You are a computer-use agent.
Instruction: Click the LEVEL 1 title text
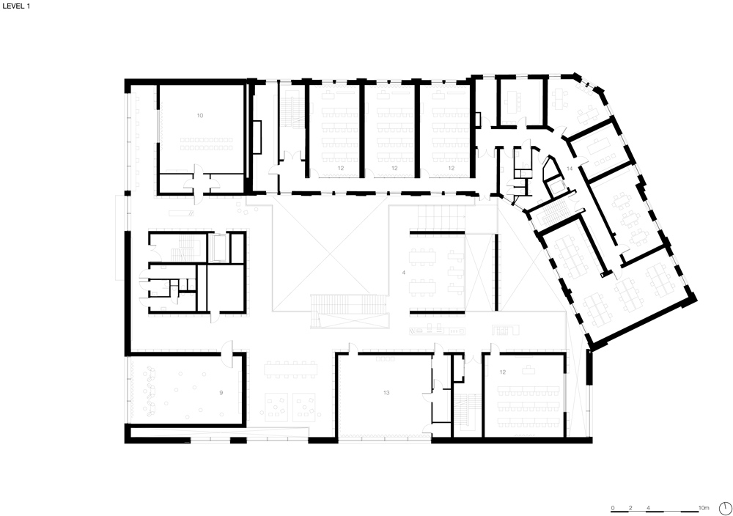pyautogui.click(x=16, y=7)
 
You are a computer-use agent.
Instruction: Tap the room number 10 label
pyautogui.click(x=200, y=116)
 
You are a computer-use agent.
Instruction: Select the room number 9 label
pyautogui.click(x=221, y=393)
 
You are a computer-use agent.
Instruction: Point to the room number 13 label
pyautogui.click(x=386, y=393)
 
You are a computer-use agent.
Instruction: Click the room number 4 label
pyautogui.click(x=404, y=273)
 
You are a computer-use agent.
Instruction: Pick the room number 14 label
pyautogui.click(x=570, y=169)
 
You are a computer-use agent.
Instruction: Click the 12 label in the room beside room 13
pyautogui.click(x=503, y=372)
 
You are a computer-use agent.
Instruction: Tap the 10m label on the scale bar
pyautogui.click(x=704, y=508)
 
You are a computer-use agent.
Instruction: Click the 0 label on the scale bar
pyautogui.click(x=613, y=508)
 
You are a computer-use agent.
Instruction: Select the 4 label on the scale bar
pyautogui.click(x=649, y=508)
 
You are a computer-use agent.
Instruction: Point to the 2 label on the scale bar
pyautogui.click(x=630, y=508)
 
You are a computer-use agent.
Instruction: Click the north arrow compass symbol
pyautogui.click(x=726, y=508)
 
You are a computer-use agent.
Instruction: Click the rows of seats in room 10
pyautogui.click(x=206, y=144)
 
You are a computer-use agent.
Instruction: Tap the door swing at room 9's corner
pyautogui.click(x=227, y=353)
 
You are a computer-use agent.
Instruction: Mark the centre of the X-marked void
pyautogui.click(x=330, y=254)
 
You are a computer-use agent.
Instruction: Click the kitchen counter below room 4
pyautogui.click(x=437, y=331)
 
